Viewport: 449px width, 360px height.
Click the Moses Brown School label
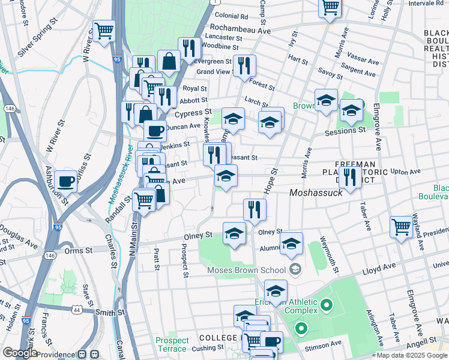coord(246,270)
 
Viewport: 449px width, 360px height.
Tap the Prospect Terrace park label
coord(172,344)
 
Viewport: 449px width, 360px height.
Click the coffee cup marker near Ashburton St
coord(66,181)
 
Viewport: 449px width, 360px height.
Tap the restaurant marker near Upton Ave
coord(350,176)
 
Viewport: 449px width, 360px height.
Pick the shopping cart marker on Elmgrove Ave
coord(402,227)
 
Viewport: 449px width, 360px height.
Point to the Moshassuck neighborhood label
coord(316,193)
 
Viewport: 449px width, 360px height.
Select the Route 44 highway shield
coord(77,310)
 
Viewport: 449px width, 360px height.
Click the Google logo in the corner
coord(19,353)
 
